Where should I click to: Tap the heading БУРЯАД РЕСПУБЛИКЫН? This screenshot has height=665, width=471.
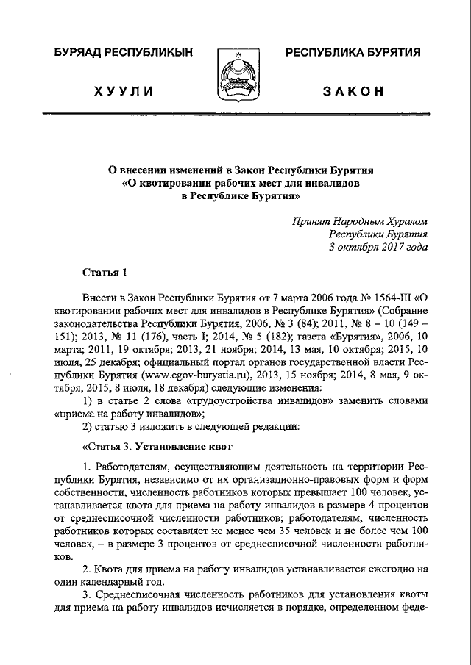[124, 53]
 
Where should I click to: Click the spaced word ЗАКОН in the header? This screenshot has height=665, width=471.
[353, 91]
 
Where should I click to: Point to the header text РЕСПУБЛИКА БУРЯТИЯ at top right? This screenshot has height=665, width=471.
[353, 53]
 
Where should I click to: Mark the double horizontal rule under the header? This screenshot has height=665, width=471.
[235, 115]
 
